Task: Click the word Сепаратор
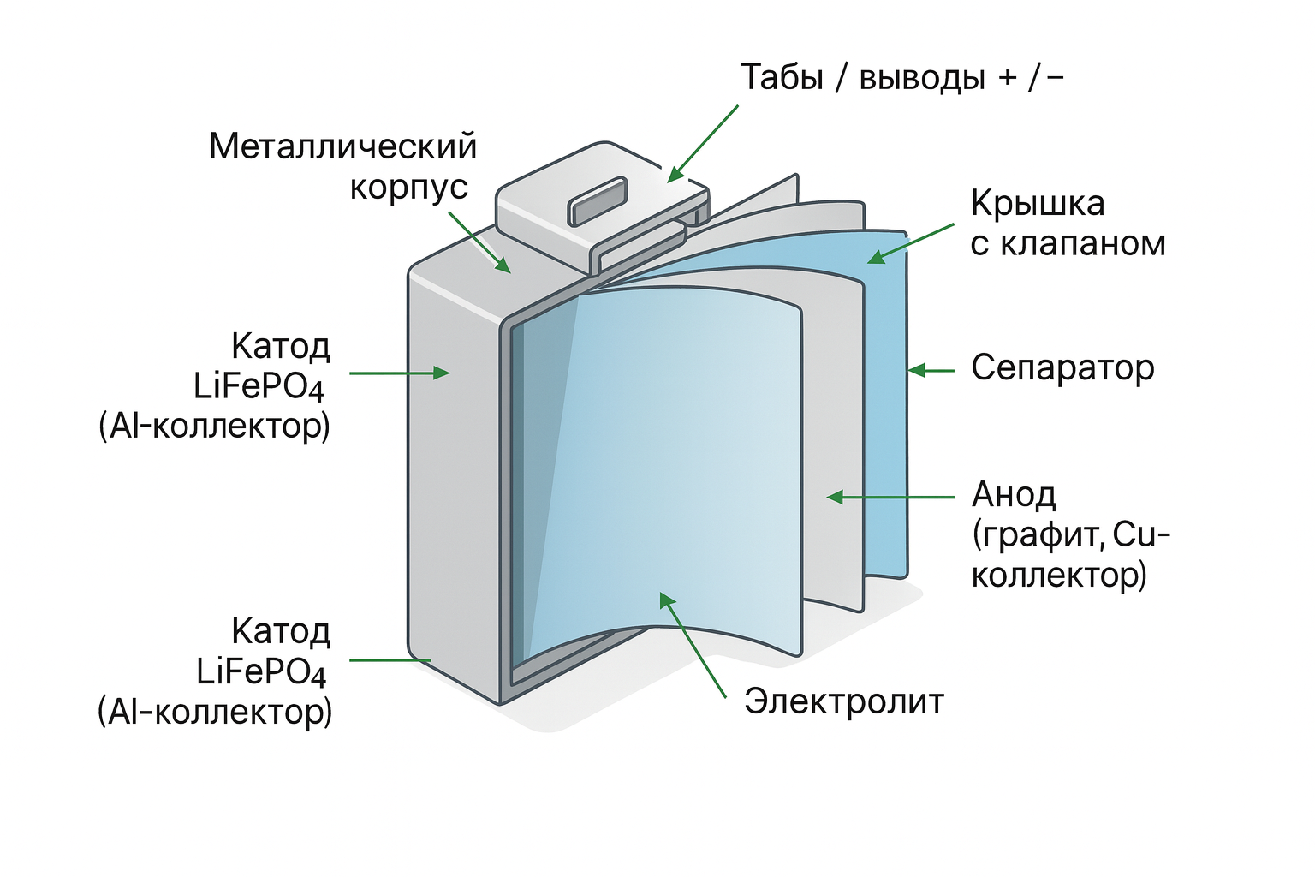[x=1062, y=369]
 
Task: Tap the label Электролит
[x=843, y=701]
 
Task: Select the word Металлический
[x=342, y=146]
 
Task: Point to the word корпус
[x=408, y=188]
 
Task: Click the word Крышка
[x=1037, y=204]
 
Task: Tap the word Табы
[x=782, y=77]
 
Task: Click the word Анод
[x=1014, y=495]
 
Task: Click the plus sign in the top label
[x=1007, y=78]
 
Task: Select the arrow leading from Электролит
[x=692, y=643]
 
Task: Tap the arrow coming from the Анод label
[x=890, y=497]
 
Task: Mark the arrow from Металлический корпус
[x=479, y=243]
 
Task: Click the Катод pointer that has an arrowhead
[x=399, y=373]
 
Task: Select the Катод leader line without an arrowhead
[x=390, y=660]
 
